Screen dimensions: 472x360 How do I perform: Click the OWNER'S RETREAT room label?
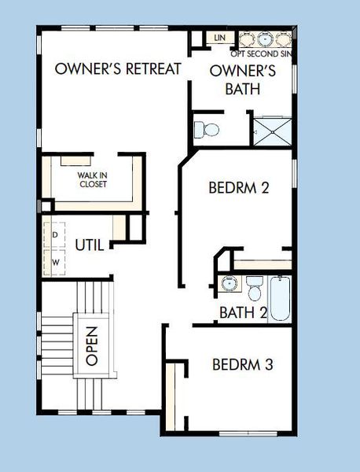[118, 68]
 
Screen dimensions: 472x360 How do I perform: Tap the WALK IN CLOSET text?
[92, 180]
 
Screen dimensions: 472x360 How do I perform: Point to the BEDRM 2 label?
[239, 188]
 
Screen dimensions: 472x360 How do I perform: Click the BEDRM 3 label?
[243, 365]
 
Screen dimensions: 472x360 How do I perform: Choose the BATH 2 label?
[243, 312]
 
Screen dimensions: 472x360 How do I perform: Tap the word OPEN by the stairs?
[92, 345]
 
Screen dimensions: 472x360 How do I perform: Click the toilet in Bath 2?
[255, 289]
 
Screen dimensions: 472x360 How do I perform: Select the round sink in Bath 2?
[229, 284]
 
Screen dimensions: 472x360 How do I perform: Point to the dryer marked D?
[56, 235]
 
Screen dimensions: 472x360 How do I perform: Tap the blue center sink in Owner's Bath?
[265, 39]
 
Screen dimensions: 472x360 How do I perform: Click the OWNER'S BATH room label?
[242, 80]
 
